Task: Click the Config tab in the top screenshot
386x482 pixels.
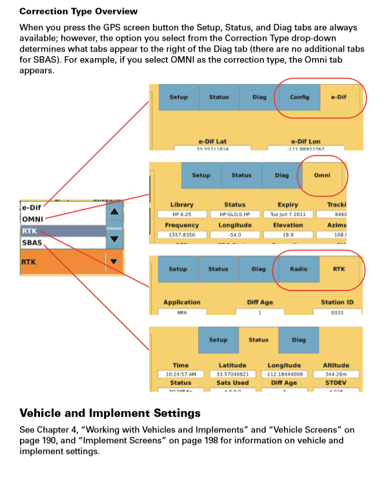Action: [299, 97]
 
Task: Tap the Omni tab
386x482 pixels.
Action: [321, 175]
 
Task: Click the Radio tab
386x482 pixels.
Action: [298, 269]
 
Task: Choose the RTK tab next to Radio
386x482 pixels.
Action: [339, 269]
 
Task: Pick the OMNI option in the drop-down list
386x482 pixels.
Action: [33, 219]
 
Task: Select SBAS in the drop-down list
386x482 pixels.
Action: [32, 242]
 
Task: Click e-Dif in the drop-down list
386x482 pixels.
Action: [32, 207]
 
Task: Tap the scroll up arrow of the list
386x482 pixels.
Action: [114, 211]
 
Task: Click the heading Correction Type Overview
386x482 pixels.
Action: [78, 12]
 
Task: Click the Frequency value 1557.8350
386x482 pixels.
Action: [182, 235]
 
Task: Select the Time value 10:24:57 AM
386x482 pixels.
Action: [181, 374]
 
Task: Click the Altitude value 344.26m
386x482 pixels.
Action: [336, 374]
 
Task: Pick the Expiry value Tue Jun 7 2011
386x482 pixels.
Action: [287, 214]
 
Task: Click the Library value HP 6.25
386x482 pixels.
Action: [181, 214]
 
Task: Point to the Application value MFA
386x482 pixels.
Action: [181, 312]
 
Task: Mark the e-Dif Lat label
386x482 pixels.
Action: [212, 141]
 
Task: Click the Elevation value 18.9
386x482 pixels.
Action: [287, 235]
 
